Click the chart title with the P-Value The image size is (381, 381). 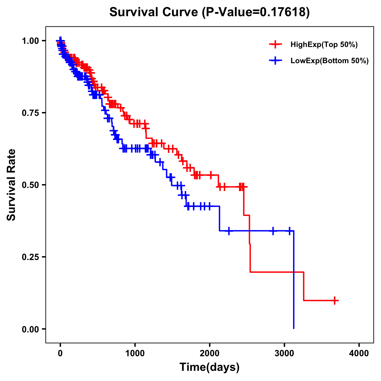[x=209, y=12]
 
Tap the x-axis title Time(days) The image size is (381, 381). [x=209, y=367]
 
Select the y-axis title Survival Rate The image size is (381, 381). [x=11, y=184]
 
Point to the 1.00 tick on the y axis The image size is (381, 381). [x=30, y=41]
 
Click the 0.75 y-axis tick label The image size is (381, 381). [x=30, y=113]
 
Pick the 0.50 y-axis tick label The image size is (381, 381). [x=30, y=185]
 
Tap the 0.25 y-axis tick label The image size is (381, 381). [x=30, y=257]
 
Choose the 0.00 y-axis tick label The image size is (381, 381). [x=30, y=329]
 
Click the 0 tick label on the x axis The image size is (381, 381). [x=60, y=353]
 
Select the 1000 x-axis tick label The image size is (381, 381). [x=135, y=353]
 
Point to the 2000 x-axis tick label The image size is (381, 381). [x=210, y=353]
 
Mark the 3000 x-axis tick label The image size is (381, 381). [x=284, y=353]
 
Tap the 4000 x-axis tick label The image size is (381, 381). [x=359, y=353]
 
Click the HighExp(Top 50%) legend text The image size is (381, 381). [x=324, y=45]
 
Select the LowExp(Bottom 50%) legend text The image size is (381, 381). [x=329, y=61]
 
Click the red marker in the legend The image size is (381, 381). [x=275, y=45]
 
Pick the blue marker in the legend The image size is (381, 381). [x=275, y=61]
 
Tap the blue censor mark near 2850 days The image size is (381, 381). [x=273, y=231]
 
